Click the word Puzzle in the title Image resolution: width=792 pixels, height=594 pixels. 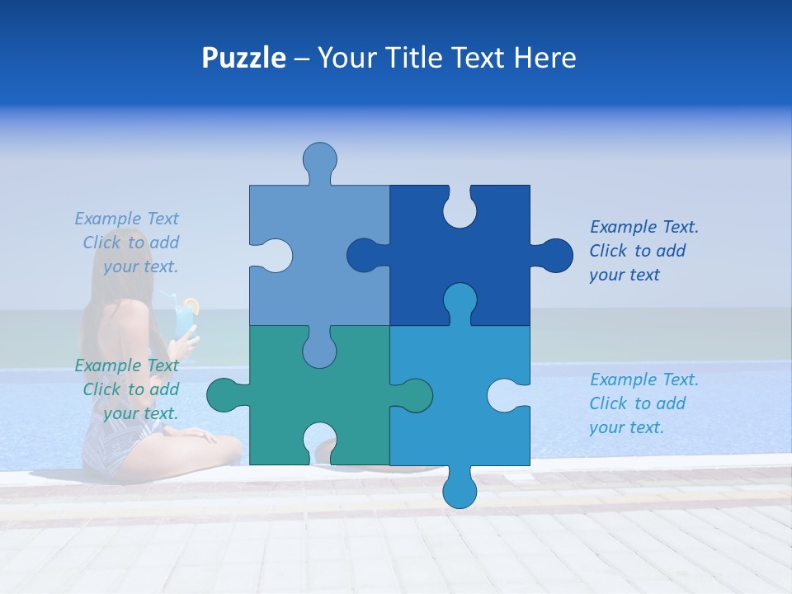pyautogui.click(x=243, y=58)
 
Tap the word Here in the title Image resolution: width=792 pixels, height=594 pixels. pyautogui.click(x=544, y=58)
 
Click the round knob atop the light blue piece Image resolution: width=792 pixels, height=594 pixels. pyautogui.click(x=320, y=158)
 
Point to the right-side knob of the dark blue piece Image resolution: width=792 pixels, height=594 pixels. pyautogui.click(x=554, y=256)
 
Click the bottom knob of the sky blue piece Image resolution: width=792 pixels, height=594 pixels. pyautogui.click(x=460, y=491)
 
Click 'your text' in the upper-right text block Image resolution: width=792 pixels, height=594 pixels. pyautogui.click(x=625, y=275)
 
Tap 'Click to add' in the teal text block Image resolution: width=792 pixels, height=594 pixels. pyautogui.click(x=130, y=389)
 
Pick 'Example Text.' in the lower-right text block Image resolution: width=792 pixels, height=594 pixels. pyautogui.click(x=644, y=379)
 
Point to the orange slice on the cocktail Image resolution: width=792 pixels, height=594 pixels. pyautogui.click(x=191, y=305)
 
